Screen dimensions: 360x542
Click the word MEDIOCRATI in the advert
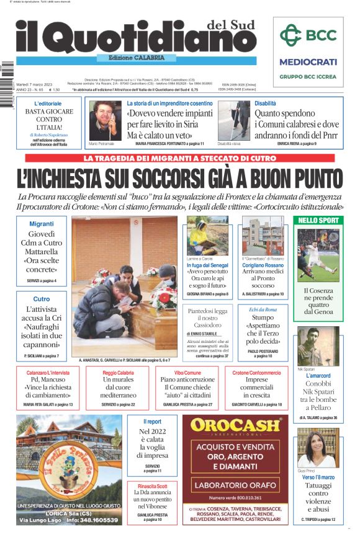tap(308, 62)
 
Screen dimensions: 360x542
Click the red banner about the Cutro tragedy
tap(179, 159)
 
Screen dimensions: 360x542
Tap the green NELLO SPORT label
tap(318, 220)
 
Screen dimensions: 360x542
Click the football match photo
tap(318, 255)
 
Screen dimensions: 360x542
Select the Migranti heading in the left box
tap(42, 223)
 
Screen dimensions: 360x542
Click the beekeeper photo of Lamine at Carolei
tap(207, 236)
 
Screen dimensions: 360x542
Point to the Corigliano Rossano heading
tap(263, 265)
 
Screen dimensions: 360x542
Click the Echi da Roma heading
tap(263, 309)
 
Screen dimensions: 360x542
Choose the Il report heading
tap(152, 422)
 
